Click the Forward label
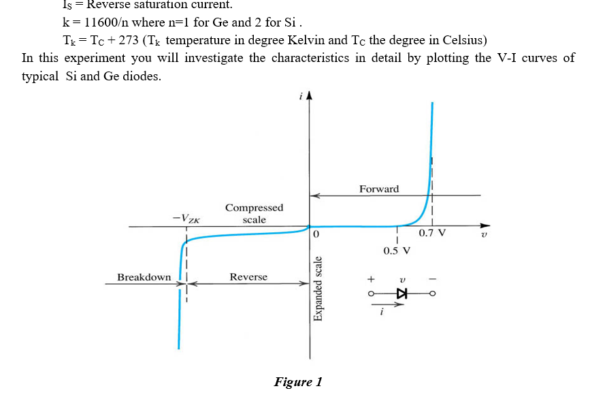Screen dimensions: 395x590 [x=379, y=189]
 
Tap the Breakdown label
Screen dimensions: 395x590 [x=144, y=277]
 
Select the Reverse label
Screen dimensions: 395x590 [x=248, y=277]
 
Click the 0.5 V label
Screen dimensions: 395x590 [x=397, y=250]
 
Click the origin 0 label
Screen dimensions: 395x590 [x=316, y=236]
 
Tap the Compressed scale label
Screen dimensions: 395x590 [x=255, y=213]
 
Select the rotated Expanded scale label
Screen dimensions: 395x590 [x=317, y=289]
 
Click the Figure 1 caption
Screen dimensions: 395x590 [x=298, y=382]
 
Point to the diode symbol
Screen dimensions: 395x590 [x=401, y=294]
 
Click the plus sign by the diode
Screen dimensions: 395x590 [x=371, y=279]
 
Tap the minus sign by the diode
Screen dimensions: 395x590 [x=431, y=279]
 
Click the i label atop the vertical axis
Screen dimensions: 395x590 [x=300, y=97]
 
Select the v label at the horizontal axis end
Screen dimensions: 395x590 [x=484, y=236]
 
